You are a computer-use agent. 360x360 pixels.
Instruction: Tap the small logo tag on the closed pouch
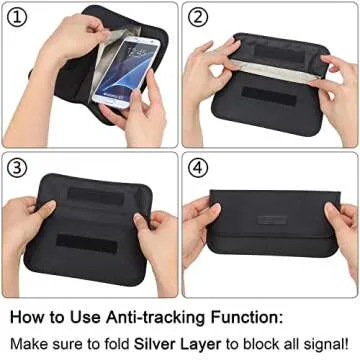[271, 219]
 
